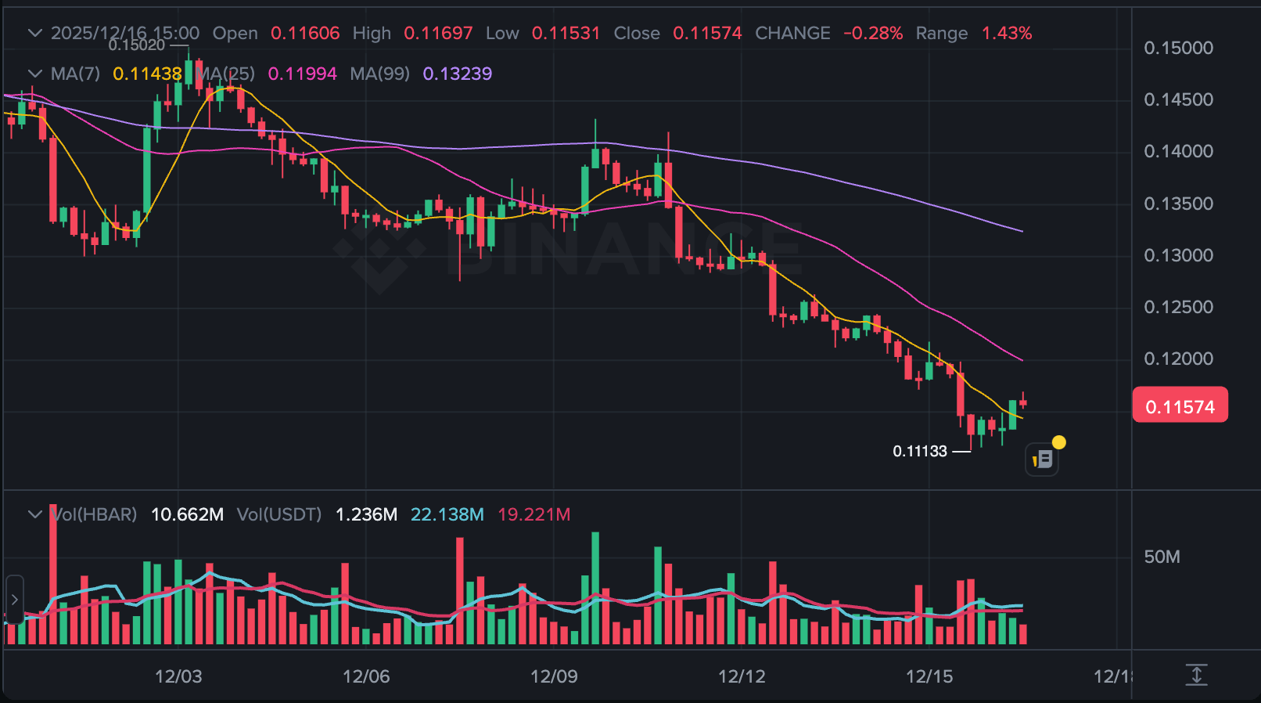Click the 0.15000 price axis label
[1178, 49]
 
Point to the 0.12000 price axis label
[1178, 359]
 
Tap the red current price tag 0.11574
[1180, 406]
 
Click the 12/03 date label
[178, 676]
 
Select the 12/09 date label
[554, 676]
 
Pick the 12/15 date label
[929, 676]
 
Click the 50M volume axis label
[1162, 557]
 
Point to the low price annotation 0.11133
[920, 452]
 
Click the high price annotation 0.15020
[137, 45]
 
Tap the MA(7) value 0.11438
[147, 74]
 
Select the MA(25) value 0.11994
[302, 74]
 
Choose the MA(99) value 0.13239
[458, 74]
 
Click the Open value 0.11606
[305, 33]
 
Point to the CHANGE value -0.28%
[873, 33]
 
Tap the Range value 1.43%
[1007, 33]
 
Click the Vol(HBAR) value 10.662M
[187, 514]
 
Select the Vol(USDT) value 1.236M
[366, 514]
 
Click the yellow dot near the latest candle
[1058, 442]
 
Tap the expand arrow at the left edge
[14, 600]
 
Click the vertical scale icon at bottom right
[1196, 675]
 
